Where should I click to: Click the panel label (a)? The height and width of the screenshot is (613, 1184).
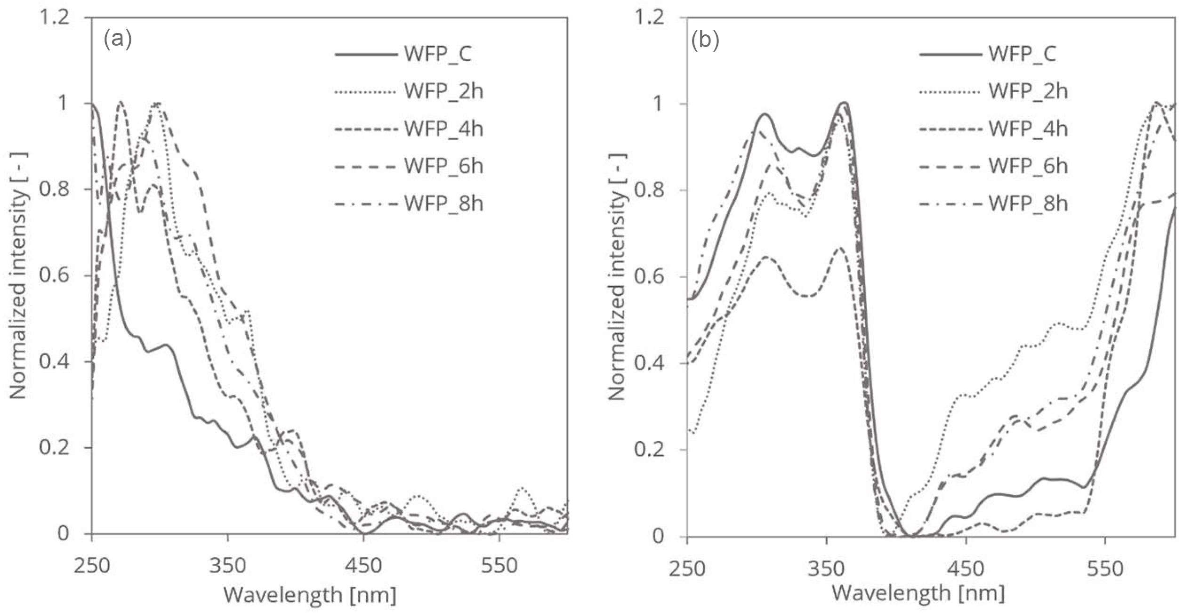coord(118,40)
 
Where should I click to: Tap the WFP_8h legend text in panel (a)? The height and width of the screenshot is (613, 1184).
coord(443,204)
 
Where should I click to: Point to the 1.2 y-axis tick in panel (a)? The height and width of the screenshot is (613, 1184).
coord(54,18)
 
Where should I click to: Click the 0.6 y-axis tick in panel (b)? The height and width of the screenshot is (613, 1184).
coord(650,277)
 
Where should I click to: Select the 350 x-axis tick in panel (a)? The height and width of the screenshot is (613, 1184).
coord(227,565)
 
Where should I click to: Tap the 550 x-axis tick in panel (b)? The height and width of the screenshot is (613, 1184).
coord(1105,568)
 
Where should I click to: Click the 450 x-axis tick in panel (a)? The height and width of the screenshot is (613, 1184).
coord(363,565)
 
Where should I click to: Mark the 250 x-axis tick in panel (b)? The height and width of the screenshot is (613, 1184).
coord(687,568)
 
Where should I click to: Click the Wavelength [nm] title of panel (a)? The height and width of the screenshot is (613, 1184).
coord(310,595)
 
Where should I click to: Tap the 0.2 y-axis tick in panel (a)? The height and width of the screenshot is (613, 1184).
coord(54,448)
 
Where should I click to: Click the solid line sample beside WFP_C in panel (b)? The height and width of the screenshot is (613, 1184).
coord(950,54)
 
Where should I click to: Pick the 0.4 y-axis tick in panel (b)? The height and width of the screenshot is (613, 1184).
coord(650,363)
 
